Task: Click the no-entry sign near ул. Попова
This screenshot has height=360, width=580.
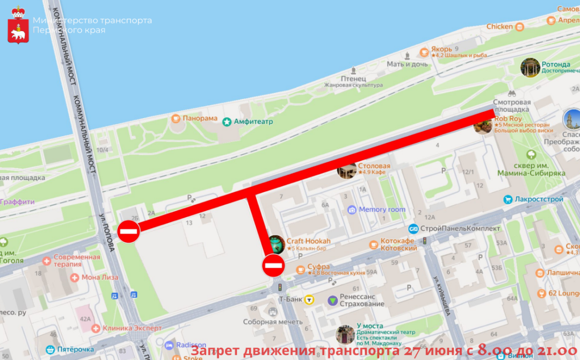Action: click(129, 232)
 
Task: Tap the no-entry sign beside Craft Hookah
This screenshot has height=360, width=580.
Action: click(273, 265)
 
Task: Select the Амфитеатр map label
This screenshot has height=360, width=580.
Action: click(253, 122)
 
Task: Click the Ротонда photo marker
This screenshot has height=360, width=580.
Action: click(530, 67)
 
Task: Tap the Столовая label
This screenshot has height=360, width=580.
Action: click(374, 166)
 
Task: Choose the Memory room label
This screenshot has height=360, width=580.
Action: click(382, 210)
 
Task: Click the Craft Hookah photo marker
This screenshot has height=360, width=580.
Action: click(276, 244)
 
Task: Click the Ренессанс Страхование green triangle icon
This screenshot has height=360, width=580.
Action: click(333, 300)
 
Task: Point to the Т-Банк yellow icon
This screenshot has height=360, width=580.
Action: click(309, 300)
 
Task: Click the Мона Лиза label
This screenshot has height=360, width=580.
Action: click(99, 278)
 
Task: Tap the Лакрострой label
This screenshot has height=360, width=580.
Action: click(537, 199)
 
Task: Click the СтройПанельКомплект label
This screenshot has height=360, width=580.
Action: click(460, 228)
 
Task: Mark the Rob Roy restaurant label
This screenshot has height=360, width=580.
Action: click(508, 118)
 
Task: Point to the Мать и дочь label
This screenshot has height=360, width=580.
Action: click(407, 64)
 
